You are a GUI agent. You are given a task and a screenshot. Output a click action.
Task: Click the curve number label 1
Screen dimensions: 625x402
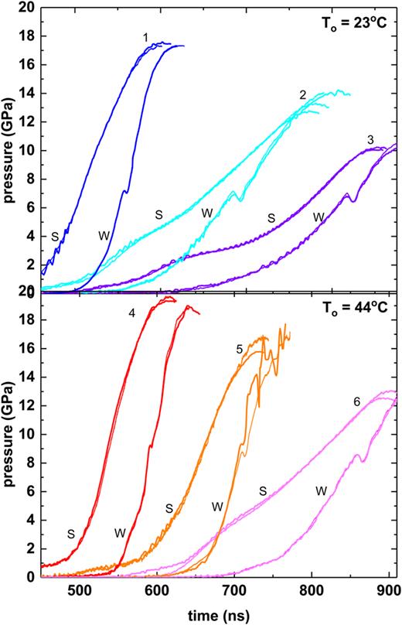pyautogui.click(x=145, y=36)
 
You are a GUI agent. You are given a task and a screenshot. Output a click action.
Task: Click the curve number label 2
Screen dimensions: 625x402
pyautogui.click(x=303, y=94)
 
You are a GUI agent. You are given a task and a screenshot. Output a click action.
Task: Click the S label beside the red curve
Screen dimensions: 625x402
pyautogui.click(x=70, y=533)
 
